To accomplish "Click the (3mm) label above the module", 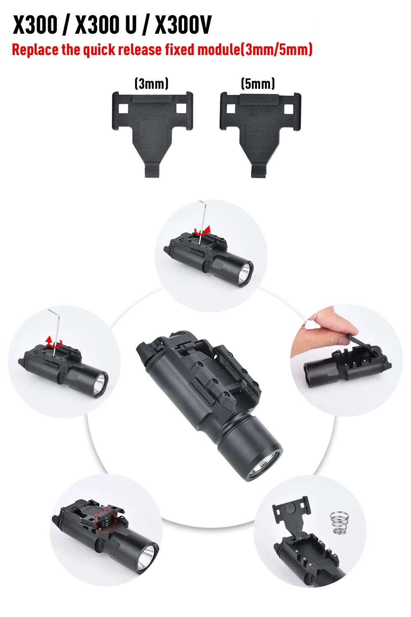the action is [151, 84].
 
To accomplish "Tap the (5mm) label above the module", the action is [258, 84].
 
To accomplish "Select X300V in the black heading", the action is [183, 25].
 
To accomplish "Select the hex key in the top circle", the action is [202, 220].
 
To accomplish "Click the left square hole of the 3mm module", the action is [123, 108].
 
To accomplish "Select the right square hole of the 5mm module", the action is [289, 109].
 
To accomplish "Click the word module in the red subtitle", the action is [219, 50].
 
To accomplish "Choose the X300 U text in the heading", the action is [106, 25].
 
